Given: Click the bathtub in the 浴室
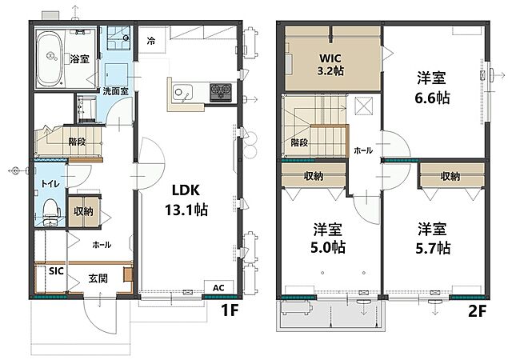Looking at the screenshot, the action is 50,60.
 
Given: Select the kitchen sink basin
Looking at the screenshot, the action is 182,92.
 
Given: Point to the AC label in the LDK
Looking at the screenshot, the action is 218,288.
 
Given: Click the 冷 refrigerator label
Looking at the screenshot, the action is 151,41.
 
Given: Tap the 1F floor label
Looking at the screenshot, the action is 230,310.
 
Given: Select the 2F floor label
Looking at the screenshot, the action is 477,311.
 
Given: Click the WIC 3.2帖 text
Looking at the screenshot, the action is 330,64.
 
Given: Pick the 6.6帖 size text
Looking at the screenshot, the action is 432,98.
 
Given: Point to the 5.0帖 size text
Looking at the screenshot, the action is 328,247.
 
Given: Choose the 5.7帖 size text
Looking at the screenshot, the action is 433,248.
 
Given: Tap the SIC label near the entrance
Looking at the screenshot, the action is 56,271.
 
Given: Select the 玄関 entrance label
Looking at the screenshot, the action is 98,278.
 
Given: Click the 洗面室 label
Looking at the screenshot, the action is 115,91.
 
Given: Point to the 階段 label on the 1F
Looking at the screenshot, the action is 77,142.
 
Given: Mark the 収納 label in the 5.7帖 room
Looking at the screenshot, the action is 450,177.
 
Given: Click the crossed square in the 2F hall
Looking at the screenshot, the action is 364,106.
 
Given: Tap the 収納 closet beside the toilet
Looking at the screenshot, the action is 83,211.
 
